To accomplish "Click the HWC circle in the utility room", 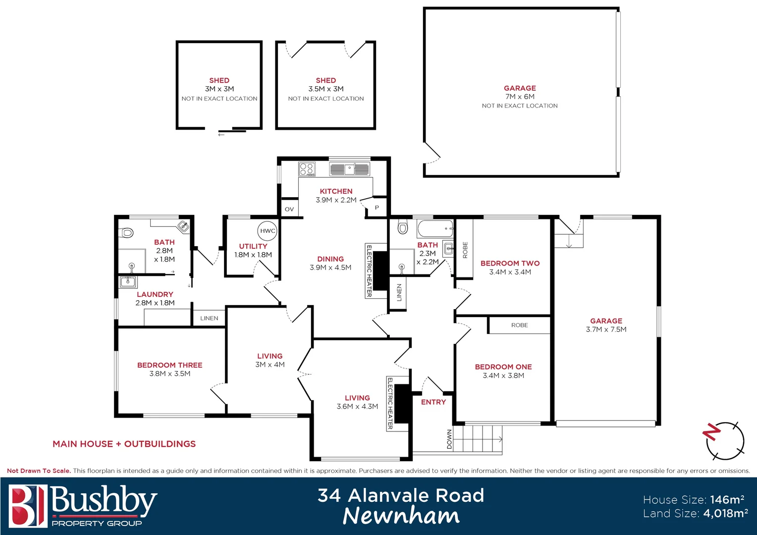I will pos(268,231).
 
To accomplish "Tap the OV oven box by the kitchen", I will pos(289,209).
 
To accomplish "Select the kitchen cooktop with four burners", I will pos(307,169).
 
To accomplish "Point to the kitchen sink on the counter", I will pos(350,169).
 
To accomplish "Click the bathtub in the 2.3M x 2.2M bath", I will pos(435,229).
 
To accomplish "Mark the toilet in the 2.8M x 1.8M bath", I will pos(127,232).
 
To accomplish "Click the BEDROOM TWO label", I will pos(510,264).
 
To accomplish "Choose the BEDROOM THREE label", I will pos(169,365).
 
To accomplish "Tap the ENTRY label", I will pos(433,402).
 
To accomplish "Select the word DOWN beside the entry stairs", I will pos(449,439).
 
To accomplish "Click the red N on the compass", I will pos(711,432).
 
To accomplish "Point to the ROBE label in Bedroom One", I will pos(519,325).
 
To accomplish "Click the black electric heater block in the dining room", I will pos(380,271).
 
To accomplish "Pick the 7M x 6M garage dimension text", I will pos(520,97).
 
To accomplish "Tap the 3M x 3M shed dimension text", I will pos(219,89).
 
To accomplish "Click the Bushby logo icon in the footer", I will pos(28,506).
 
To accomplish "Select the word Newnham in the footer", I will pos(401,516).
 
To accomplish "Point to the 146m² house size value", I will pos(727,500).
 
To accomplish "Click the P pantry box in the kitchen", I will pos(377,208).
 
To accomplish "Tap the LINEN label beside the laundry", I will pos(209,319).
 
